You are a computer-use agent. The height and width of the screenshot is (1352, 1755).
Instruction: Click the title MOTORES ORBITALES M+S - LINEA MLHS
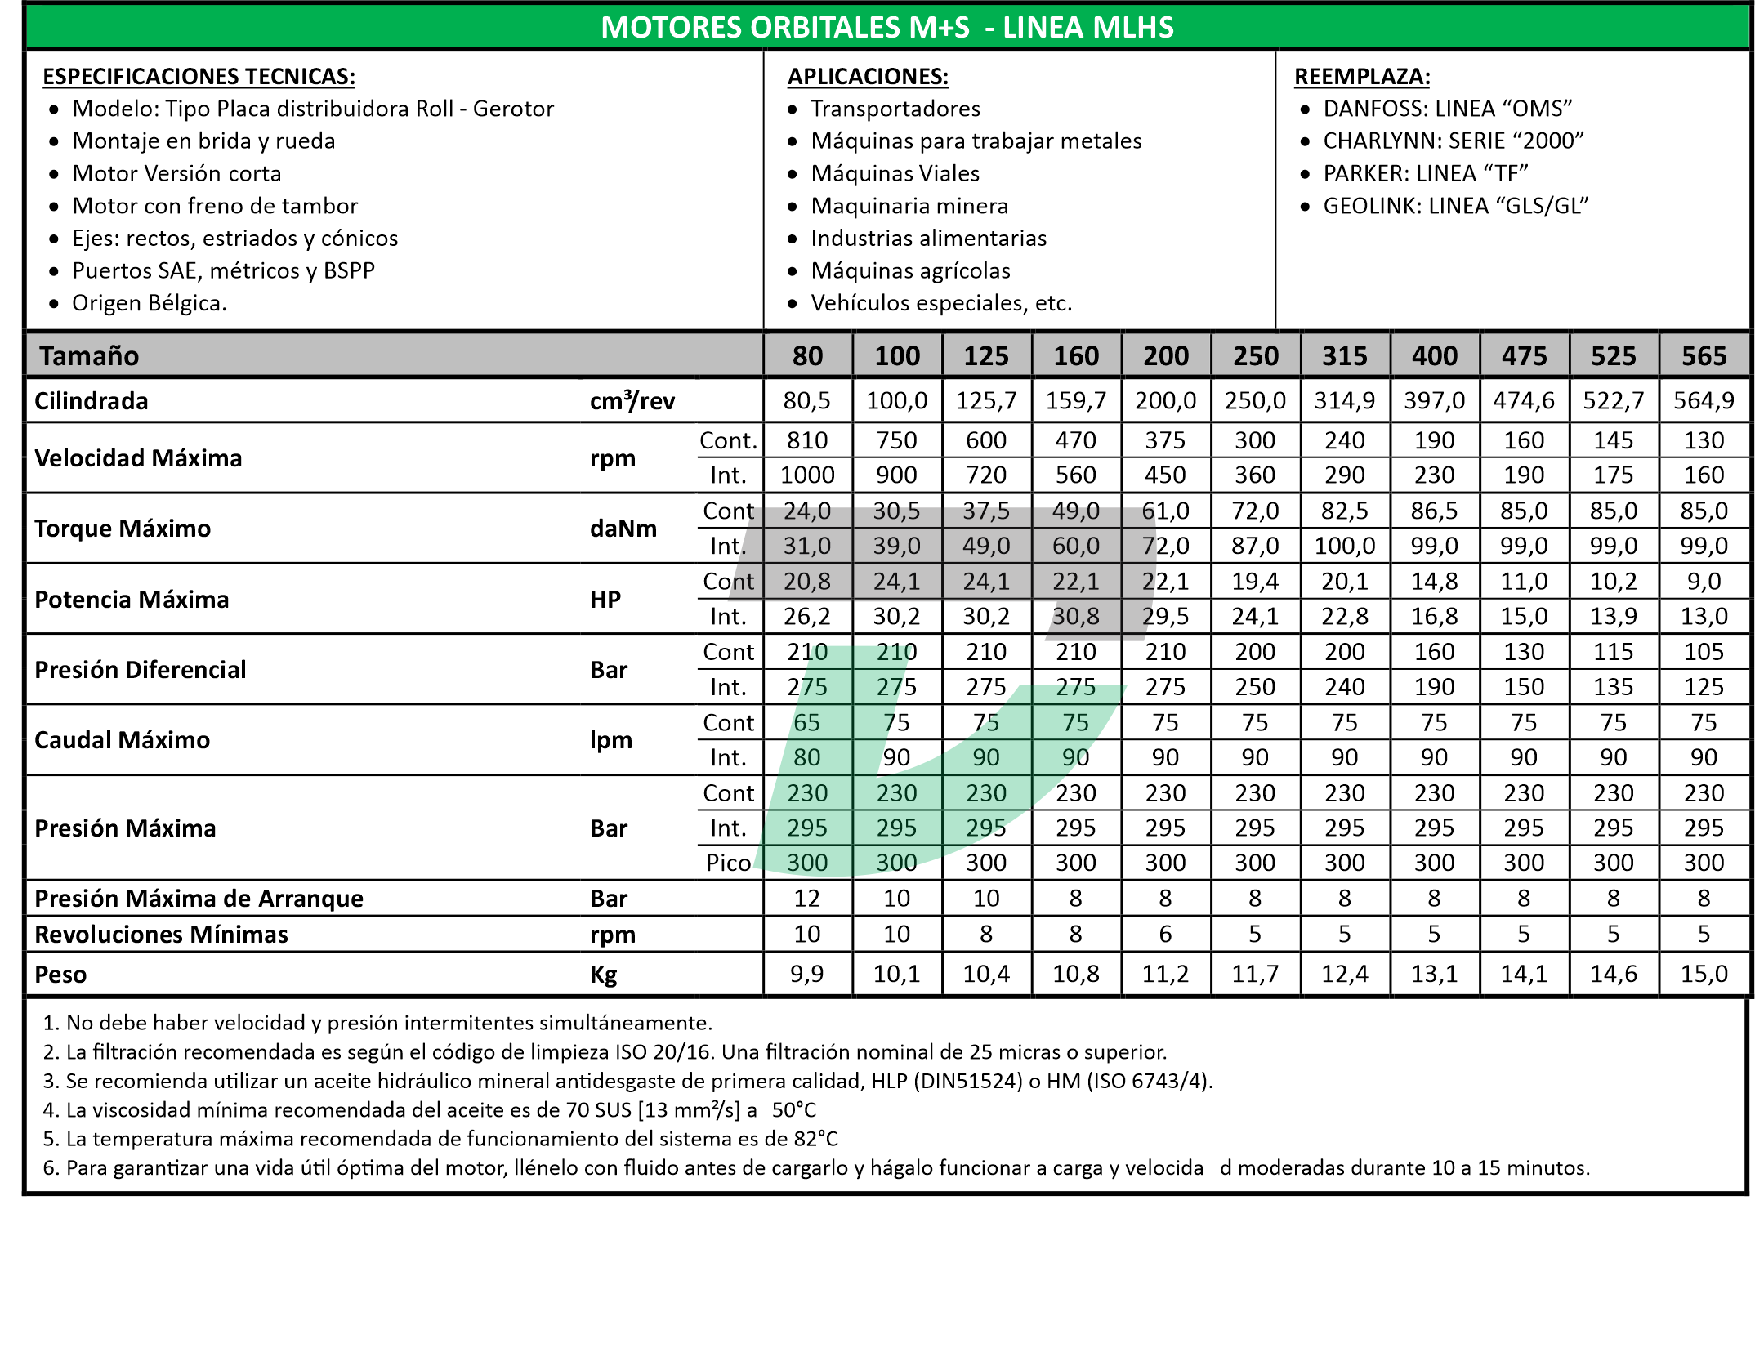pos(886,28)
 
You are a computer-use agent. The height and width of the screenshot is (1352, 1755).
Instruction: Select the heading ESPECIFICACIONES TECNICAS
pos(199,77)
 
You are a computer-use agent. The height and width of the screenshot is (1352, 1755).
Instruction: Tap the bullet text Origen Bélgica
pos(149,303)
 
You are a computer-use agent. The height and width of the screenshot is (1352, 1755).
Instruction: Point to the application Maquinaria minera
pos(909,206)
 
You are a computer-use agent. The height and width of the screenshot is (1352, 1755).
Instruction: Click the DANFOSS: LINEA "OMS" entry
pos(1447,109)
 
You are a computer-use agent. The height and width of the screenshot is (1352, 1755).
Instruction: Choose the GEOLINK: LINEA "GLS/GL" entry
pos(1455,206)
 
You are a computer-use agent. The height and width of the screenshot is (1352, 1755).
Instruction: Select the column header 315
pos(1344,356)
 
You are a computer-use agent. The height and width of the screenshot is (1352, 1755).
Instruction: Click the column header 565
pos(1704,356)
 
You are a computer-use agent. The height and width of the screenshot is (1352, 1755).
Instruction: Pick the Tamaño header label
pos(89,356)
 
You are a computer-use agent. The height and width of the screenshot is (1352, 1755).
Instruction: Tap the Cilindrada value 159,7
pos(1076,401)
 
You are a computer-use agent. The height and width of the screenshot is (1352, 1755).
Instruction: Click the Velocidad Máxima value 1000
pos(807,475)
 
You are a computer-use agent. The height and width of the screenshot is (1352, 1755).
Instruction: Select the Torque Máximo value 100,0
pos(1344,546)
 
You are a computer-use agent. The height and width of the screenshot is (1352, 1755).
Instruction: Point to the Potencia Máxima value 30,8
pos(1076,616)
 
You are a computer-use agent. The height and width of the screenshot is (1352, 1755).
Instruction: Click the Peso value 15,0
pos(1704,974)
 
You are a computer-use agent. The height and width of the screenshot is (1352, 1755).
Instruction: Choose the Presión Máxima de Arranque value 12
pos(807,899)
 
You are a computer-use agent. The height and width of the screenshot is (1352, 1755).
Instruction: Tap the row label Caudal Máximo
pos(122,740)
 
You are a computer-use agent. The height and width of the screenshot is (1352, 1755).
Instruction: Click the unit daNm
pos(623,529)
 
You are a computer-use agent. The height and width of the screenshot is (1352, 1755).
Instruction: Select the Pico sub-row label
pos(728,863)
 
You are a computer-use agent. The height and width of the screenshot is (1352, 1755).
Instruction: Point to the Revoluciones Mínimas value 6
pos(1165,934)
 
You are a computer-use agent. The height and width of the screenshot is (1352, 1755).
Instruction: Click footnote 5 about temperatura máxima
pos(441,1139)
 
